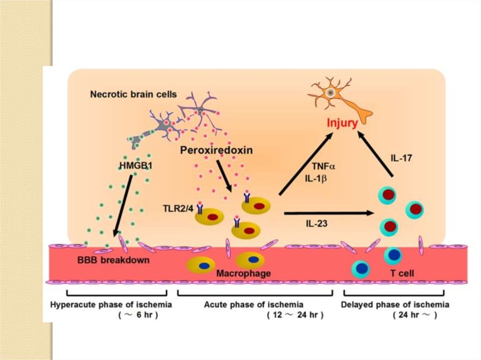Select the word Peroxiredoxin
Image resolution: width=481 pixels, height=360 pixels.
pyautogui.click(x=216, y=150)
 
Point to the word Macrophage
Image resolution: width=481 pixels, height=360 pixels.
pyautogui.click(x=243, y=273)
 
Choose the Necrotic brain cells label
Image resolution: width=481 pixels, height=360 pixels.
pyautogui.click(x=133, y=94)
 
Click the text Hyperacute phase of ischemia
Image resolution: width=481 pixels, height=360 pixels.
pyautogui.click(x=111, y=305)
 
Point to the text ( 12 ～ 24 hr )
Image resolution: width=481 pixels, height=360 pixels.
pyautogui.click(x=294, y=315)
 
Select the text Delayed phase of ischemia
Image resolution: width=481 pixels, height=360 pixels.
pyautogui.click(x=396, y=305)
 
